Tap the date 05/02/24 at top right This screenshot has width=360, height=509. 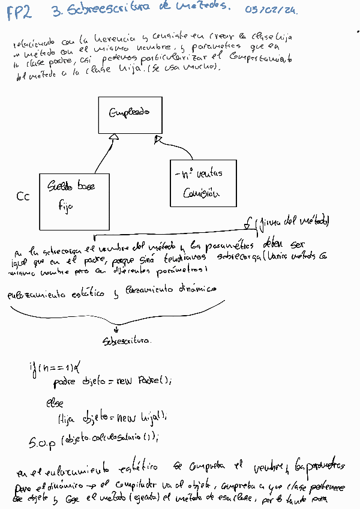(x=271, y=10)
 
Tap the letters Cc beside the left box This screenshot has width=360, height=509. (x=23, y=196)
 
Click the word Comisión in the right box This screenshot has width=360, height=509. (x=200, y=193)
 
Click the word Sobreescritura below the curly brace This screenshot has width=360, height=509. (x=127, y=340)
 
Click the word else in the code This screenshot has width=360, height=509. (x=55, y=403)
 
